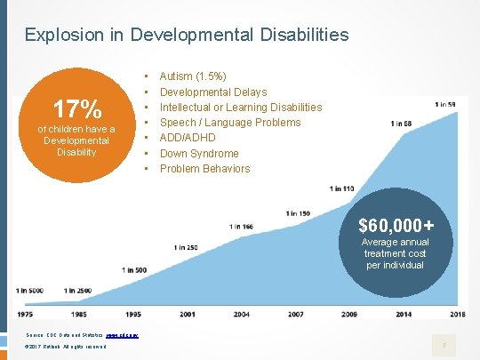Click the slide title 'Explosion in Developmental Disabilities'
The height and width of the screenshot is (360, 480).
click(187, 36)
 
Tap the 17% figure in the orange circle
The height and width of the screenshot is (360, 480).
click(76, 109)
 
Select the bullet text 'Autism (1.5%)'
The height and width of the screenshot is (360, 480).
click(192, 76)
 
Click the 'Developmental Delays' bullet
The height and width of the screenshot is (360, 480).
click(213, 92)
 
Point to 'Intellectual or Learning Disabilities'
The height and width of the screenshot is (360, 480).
click(241, 108)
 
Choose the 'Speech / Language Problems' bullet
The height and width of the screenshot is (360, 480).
click(230, 123)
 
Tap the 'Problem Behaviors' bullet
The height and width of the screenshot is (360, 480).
click(205, 168)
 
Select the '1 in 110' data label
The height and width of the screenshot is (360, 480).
click(341, 188)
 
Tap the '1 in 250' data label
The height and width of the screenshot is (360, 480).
click(187, 246)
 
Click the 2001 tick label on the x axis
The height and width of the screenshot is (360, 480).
click(188, 314)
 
